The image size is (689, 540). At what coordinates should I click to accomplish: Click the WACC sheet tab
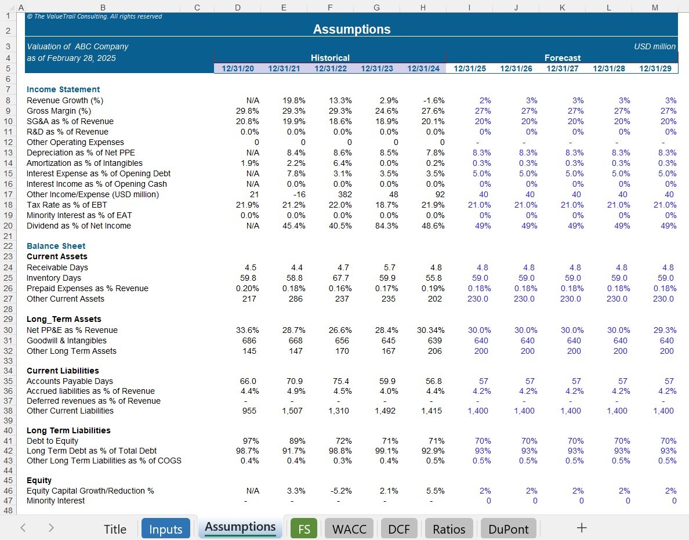point(349,528)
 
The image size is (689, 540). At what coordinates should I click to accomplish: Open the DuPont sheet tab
point(509,528)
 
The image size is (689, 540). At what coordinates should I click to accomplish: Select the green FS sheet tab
point(304,528)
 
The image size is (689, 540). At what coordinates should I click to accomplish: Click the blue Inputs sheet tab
point(166,528)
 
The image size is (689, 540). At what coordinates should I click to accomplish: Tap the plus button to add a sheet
point(581,528)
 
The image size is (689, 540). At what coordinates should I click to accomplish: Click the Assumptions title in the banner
point(351,29)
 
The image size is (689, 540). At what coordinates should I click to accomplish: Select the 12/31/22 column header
point(331,68)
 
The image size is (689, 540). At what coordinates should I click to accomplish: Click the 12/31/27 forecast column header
point(563,68)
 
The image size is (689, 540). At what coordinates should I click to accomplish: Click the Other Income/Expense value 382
point(345,195)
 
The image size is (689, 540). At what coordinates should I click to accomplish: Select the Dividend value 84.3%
point(387,226)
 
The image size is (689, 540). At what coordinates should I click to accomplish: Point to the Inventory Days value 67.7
point(341,278)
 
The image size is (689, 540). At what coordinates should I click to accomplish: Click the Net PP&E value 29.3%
point(665,330)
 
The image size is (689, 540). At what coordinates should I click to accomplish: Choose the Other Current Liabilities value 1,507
point(292,411)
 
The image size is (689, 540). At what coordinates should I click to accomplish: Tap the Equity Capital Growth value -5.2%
point(340,491)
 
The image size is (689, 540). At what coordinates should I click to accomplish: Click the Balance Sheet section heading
point(56,246)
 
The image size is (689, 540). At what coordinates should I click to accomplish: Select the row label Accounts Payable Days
point(70,381)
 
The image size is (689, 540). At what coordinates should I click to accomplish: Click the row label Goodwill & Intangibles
point(66,340)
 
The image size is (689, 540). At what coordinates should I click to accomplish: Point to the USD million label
point(655,46)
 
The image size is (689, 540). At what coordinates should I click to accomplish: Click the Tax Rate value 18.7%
point(387,205)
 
